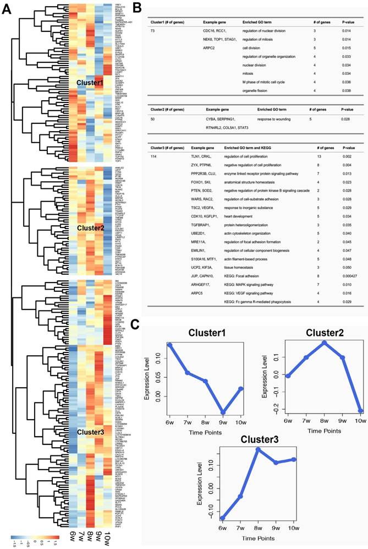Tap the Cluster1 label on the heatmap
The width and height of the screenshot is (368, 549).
point(90,83)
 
